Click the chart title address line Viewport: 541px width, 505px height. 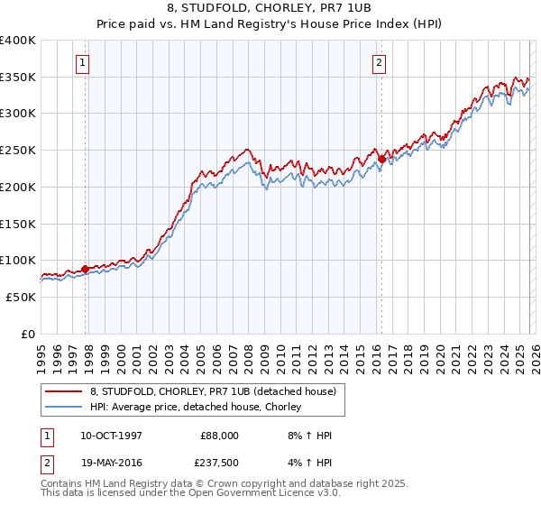pos(270,10)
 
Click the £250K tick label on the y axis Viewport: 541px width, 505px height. pos(18,150)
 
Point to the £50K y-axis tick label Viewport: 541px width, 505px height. pos(21,297)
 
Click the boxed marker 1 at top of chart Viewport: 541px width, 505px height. pos(83,63)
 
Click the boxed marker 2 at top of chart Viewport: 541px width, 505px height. pos(378,63)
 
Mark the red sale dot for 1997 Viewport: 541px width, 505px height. pos(86,269)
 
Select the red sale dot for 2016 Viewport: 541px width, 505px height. pos(381,160)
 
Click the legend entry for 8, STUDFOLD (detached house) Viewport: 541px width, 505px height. pos(213,391)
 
